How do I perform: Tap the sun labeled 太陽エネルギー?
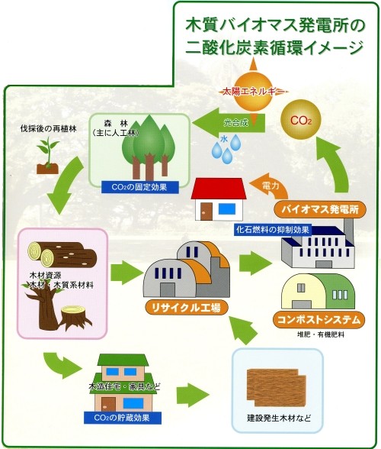click(x=252, y=92)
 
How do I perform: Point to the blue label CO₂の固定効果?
click(x=140, y=187)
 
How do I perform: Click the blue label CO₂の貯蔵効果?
click(x=123, y=418)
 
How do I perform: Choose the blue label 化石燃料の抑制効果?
click(x=273, y=230)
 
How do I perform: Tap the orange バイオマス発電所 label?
click(x=320, y=209)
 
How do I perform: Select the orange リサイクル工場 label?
click(x=187, y=308)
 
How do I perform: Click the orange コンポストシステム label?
click(x=319, y=319)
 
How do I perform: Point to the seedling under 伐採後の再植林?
click(x=48, y=156)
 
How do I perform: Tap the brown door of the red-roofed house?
click(x=206, y=212)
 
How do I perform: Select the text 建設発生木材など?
click(x=279, y=418)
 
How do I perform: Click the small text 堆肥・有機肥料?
click(x=320, y=334)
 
